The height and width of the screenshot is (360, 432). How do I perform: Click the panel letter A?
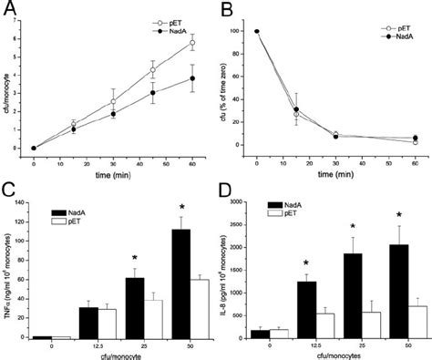pyautogui.click(x=10, y=10)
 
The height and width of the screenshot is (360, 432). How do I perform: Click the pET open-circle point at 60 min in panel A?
pyautogui.click(x=192, y=43)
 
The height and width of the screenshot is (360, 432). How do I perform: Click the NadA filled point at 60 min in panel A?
pyautogui.click(x=192, y=78)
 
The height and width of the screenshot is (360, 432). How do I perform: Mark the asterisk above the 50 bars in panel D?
pyautogui.click(x=399, y=214)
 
